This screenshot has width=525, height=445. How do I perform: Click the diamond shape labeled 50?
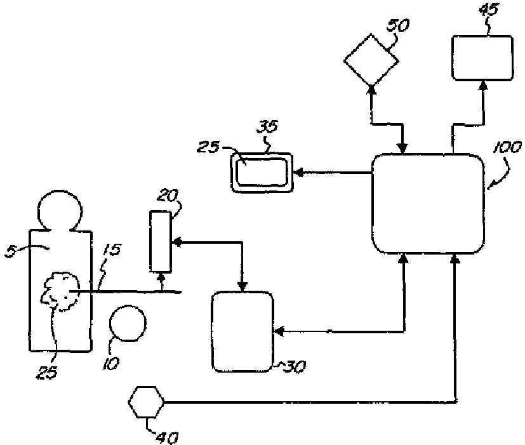pyautogui.click(x=371, y=61)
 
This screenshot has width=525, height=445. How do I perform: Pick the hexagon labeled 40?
pyautogui.click(x=147, y=402)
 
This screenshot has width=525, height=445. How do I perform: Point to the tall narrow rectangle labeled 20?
pyautogui.click(x=161, y=242)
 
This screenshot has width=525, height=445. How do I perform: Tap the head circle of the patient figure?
pyautogui.click(x=57, y=209)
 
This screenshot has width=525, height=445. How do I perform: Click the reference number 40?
pyautogui.click(x=166, y=437)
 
